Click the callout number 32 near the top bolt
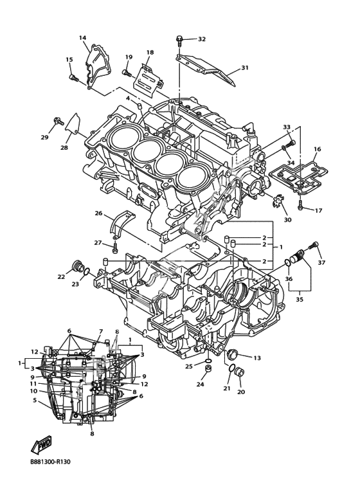[x=202, y=39]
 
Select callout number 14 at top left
[x=82, y=38]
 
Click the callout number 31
[x=245, y=68]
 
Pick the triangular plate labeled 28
[x=73, y=124]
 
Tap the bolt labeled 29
[x=58, y=121]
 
